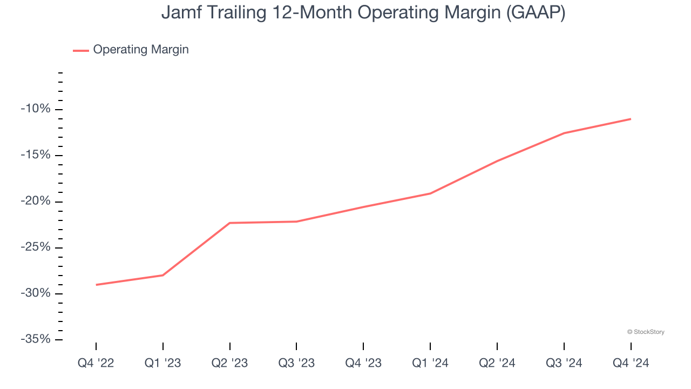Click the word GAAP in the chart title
[x=533, y=12]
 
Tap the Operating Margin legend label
[x=141, y=50]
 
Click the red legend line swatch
[x=81, y=50]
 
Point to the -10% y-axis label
[x=36, y=109]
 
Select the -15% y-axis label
[x=36, y=155]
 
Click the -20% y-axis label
[x=36, y=202]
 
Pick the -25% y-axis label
[x=36, y=247]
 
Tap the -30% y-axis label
[x=36, y=293]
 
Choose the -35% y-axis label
[x=36, y=339]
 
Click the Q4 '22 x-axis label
[x=96, y=363]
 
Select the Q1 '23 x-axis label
[x=163, y=363]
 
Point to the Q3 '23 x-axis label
[x=296, y=363]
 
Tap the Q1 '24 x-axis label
[x=430, y=363]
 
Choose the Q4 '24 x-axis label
[x=631, y=363]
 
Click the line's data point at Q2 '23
[x=230, y=223]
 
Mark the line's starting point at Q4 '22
[x=96, y=285]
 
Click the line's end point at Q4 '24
[x=631, y=119]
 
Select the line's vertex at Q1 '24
[x=430, y=193]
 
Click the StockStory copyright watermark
[x=646, y=332]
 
